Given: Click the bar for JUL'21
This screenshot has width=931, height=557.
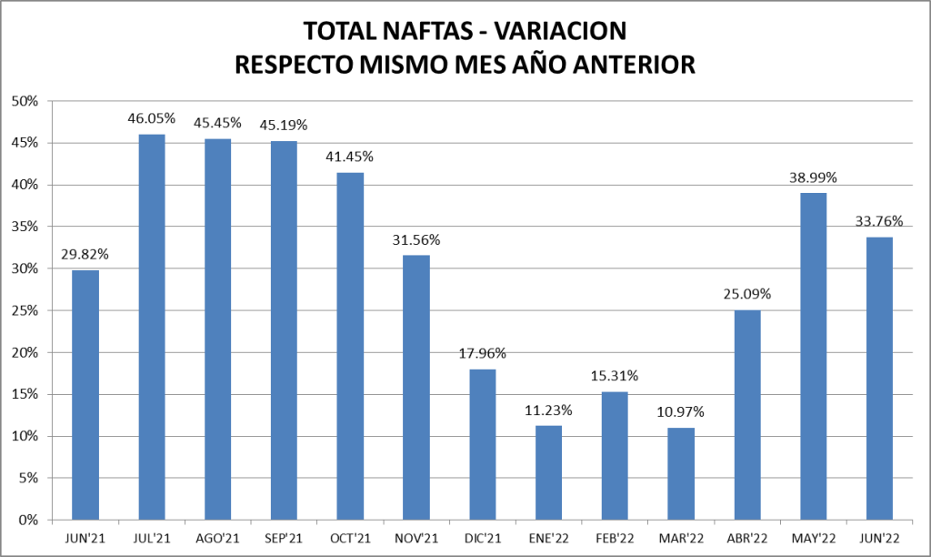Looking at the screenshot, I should point(151,328).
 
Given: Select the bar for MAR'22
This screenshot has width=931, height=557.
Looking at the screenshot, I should point(681,473).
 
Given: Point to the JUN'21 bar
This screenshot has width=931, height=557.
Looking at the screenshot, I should point(85,395).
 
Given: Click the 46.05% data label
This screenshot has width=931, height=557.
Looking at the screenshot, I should point(151,119).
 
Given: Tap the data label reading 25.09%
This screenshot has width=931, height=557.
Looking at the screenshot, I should point(747,294).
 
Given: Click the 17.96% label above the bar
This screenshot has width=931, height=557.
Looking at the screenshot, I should point(483,353).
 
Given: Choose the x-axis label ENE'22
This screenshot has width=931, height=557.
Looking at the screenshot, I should point(548,539).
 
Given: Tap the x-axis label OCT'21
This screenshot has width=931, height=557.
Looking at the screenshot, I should point(350,539).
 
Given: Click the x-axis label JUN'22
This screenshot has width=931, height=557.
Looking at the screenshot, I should point(879,539).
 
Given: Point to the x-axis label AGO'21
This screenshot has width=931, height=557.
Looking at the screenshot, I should point(217,539).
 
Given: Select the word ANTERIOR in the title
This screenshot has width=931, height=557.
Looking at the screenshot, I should point(618,65).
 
